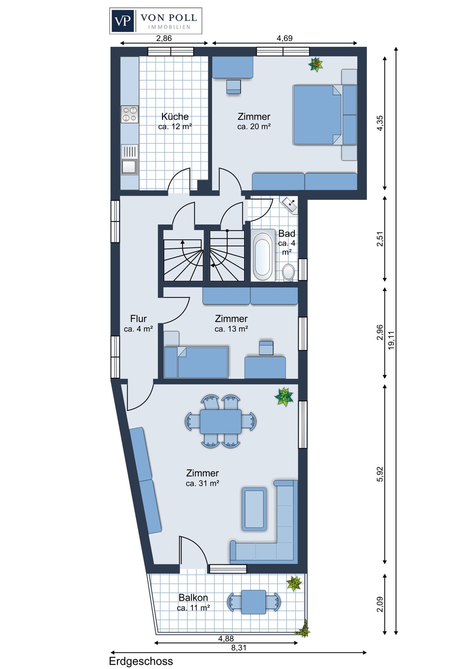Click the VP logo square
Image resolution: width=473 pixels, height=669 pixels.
(123, 21)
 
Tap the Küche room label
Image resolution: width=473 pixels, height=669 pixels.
(174, 117)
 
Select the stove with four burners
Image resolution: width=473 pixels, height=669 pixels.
(130, 114)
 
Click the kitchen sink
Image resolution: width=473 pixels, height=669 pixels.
(129, 166)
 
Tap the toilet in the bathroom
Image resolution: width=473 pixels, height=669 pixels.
(289, 271)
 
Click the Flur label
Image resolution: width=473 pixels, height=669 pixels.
(138, 319)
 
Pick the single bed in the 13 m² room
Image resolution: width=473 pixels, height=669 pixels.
(196, 362)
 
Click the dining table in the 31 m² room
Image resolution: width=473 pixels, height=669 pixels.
(220, 421)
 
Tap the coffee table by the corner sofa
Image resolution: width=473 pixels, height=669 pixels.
(254, 509)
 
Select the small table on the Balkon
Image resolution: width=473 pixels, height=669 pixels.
(253, 602)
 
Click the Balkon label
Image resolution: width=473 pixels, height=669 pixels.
(193, 598)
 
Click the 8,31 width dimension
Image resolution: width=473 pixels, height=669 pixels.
(239, 648)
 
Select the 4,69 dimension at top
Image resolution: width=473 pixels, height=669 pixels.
(284, 38)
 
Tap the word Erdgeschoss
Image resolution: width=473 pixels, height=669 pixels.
(141, 661)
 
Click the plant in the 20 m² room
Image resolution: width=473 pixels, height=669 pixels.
(316, 65)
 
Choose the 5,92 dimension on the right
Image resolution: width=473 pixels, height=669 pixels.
(380, 474)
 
